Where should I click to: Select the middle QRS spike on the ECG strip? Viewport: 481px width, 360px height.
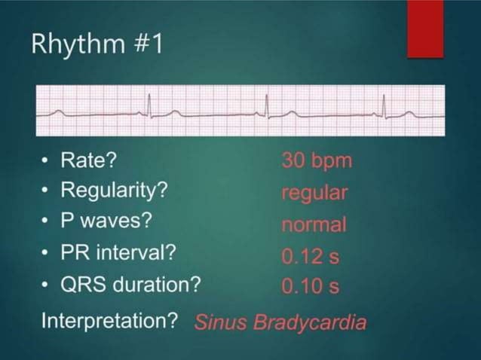coord(266,107)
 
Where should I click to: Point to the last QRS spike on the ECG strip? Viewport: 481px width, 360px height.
coord(384,107)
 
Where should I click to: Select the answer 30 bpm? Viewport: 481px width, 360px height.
coord(317,160)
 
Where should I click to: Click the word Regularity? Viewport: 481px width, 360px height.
coord(113,191)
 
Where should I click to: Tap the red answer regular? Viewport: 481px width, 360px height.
coord(314,193)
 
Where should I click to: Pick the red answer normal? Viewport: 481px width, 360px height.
coord(314,224)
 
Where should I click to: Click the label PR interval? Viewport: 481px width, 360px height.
coord(118,253)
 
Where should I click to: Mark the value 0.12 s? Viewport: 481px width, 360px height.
coord(311,256)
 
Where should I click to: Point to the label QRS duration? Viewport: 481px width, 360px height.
coord(130,285)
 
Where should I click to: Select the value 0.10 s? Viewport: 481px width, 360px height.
coord(311,287)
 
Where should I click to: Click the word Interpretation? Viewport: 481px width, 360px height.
coord(109,320)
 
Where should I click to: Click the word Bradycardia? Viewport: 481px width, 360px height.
coord(311,322)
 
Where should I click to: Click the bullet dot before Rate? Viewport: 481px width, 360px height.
coord(47,160)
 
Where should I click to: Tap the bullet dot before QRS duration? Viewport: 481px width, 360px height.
coord(47,285)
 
